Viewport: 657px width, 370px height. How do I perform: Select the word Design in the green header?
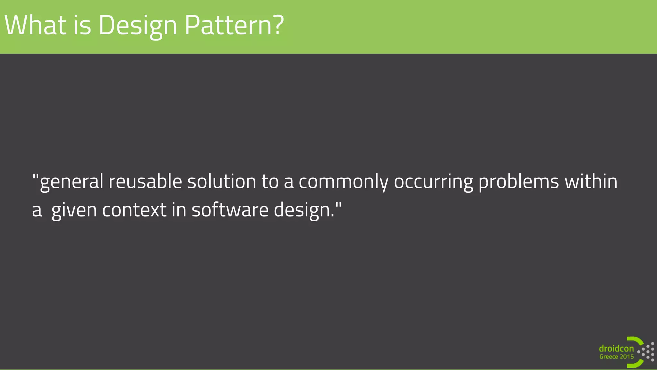[138, 26]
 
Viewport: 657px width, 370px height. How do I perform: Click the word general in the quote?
[71, 182]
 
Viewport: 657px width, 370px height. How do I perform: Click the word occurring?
[433, 182]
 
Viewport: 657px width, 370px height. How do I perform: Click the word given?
[74, 210]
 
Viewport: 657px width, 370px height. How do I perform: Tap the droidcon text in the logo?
[616, 348]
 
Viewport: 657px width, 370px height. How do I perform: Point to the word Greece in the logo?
[609, 357]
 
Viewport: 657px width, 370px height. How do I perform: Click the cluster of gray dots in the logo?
[647, 351]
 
